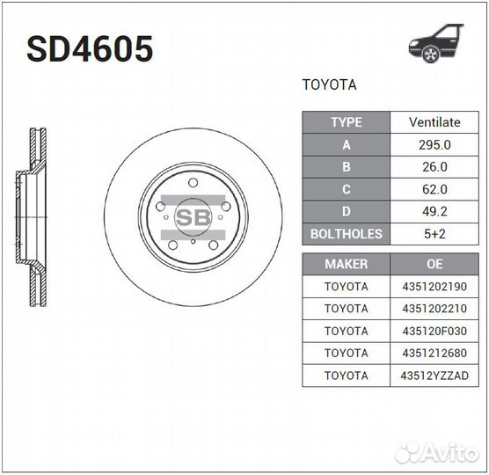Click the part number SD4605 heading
[x=90, y=50]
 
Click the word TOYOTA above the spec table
[x=329, y=86]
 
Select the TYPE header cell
[x=346, y=122]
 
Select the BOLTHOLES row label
[x=346, y=234]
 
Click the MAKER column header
[x=346, y=264]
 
